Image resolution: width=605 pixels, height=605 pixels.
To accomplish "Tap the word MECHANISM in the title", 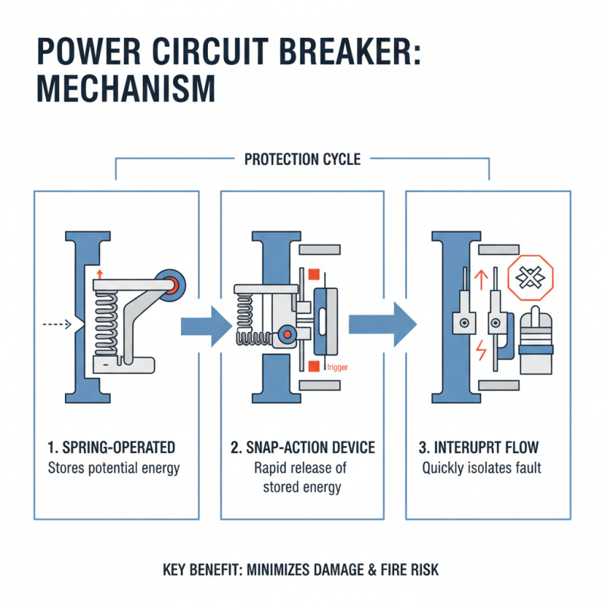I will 126,88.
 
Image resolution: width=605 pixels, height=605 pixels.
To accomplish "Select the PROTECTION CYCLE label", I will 302,160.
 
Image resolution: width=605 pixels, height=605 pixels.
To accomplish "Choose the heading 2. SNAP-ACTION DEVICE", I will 302,447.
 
